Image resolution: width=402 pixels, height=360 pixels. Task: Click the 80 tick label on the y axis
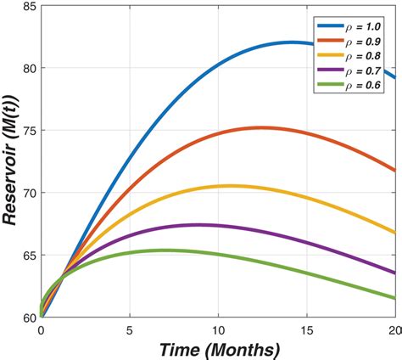point(27,68)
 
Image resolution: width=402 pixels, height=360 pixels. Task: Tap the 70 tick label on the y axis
point(27,193)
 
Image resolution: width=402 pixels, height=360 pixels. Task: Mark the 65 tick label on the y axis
point(27,255)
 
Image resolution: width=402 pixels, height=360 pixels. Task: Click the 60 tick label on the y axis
point(27,317)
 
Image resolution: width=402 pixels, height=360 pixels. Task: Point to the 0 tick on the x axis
point(41,329)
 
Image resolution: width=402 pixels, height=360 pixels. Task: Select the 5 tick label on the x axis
point(130,329)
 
